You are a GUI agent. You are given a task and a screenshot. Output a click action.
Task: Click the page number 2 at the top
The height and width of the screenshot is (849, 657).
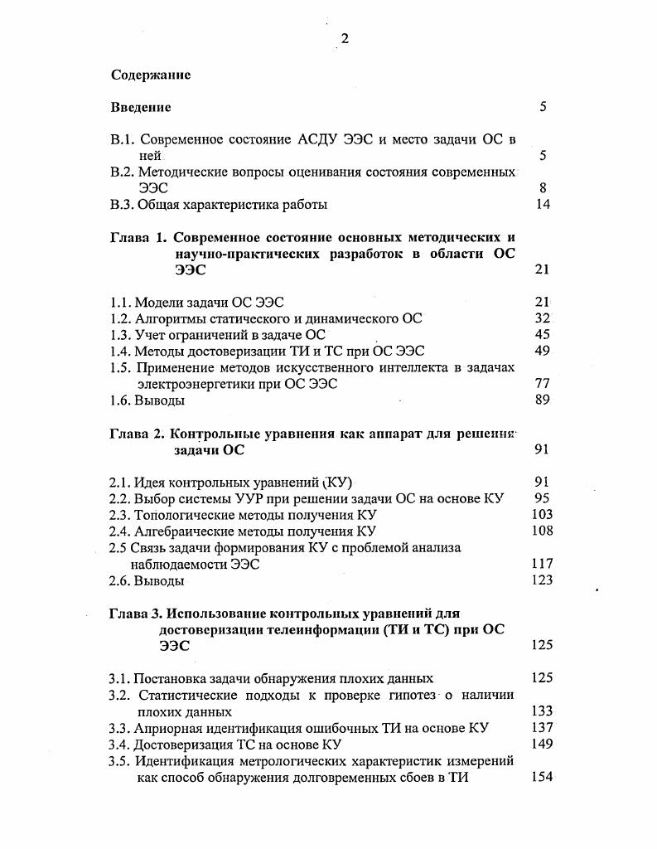[345, 40]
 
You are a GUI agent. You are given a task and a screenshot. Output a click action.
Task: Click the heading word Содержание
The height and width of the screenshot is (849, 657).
[151, 75]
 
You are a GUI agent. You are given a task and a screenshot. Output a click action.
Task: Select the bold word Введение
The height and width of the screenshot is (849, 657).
[141, 107]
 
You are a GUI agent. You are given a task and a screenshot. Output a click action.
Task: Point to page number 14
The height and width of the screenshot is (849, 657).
[543, 204]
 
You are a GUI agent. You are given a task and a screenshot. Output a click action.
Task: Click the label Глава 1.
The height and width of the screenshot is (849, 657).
[138, 237]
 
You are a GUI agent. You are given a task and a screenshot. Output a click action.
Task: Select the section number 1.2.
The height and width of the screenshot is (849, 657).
[120, 318]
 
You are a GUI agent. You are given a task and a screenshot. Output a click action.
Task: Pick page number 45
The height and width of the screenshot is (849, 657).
[543, 334]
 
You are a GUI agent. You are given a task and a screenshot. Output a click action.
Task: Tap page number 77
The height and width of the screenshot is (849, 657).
[543, 384]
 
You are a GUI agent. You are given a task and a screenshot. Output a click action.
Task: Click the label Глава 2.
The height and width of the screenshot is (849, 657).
[138, 434]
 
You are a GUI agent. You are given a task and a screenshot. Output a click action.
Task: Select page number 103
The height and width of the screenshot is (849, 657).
[541, 514]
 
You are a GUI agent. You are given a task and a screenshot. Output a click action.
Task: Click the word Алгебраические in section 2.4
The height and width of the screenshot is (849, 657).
[182, 531]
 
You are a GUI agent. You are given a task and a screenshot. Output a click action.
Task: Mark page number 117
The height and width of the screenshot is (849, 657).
[541, 564]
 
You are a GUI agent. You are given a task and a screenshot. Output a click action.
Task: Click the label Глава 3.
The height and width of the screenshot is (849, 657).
[137, 614]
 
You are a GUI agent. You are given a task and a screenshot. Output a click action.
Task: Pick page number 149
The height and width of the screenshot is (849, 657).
[541, 744]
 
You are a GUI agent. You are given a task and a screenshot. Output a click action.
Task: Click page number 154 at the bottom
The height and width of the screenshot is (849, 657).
[541, 777]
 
